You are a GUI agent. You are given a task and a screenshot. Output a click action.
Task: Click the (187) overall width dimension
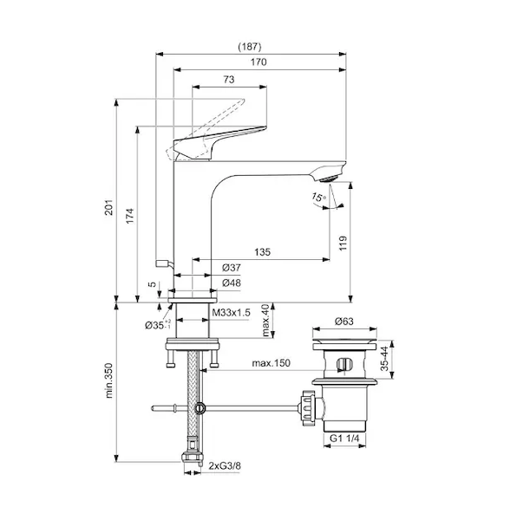click(250, 47)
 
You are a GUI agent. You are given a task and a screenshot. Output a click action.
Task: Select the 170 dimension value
click(258, 62)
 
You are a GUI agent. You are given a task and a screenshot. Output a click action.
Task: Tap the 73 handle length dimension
click(229, 80)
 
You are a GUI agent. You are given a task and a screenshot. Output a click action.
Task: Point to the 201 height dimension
click(109, 207)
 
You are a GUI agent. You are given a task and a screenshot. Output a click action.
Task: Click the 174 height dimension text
click(130, 216)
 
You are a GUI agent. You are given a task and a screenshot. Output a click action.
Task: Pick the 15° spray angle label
click(318, 198)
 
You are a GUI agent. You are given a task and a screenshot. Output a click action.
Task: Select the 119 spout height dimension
click(343, 243)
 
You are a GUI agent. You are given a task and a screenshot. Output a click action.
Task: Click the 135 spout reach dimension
click(263, 252)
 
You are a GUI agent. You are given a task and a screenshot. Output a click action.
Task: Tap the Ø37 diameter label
click(232, 268)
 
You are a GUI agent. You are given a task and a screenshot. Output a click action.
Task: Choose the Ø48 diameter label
click(232, 283)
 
